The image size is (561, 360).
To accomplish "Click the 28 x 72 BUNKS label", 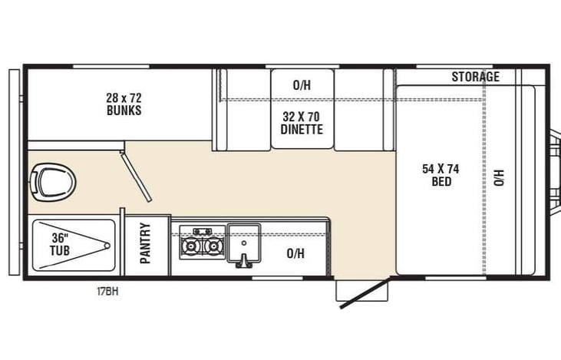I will coord(124,104).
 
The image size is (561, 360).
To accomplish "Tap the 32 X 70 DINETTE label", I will coord(301,124).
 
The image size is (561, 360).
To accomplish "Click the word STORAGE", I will coord(474,77).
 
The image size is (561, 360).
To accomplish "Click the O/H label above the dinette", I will coord(302,86).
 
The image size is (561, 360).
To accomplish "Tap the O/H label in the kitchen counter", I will coord(295,253).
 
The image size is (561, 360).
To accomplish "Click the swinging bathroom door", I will coord(137,176).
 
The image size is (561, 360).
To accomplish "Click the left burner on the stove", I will coord(190,246).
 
